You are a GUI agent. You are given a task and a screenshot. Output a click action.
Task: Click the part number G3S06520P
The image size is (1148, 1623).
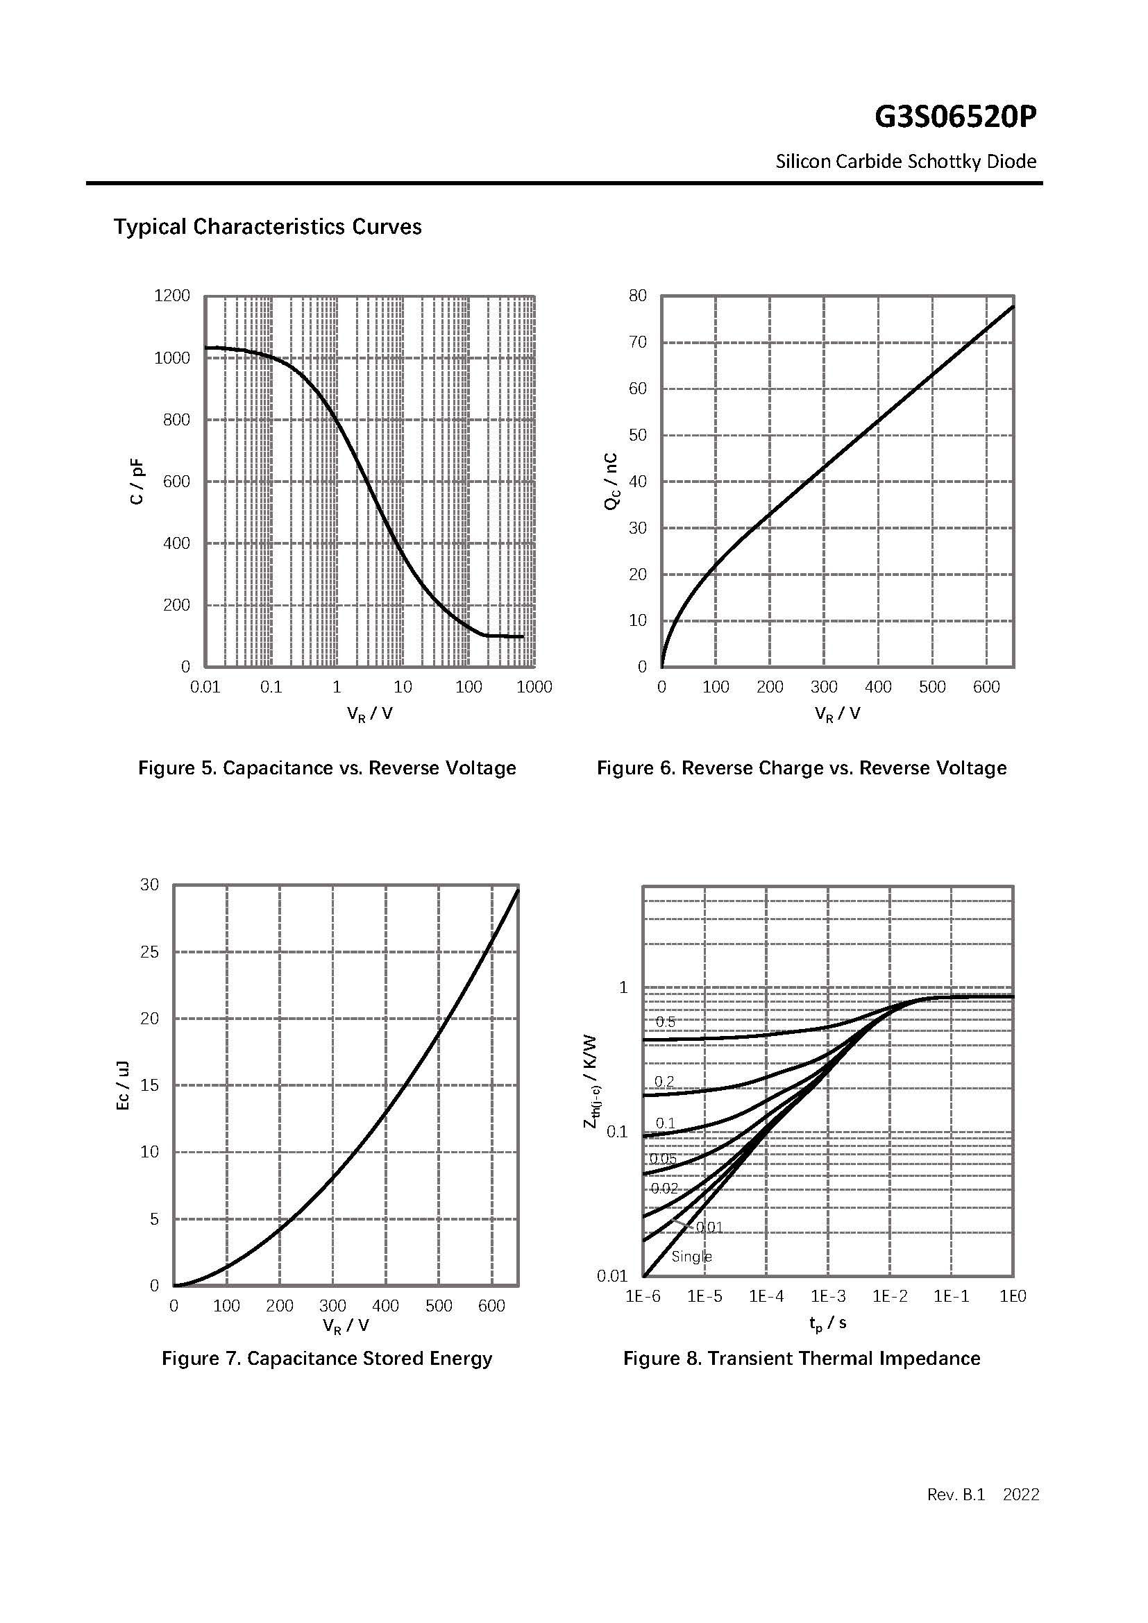pyautogui.click(x=955, y=117)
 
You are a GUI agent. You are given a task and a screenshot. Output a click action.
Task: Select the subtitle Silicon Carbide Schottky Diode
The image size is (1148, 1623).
pyautogui.click(x=906, y=162)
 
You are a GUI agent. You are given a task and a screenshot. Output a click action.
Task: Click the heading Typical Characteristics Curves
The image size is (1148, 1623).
pyautogui.click(x=267, y=227)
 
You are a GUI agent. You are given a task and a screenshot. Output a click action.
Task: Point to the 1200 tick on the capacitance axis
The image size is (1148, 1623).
pyautogui.click(x=171, y=296)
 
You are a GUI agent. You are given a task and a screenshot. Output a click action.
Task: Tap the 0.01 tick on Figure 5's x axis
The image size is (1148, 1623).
pyautogui.click(x=205, y=687)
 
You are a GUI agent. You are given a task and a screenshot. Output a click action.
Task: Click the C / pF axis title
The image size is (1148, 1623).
pyautogui.click(x=137, y=482)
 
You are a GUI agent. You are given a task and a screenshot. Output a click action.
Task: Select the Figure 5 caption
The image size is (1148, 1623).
pyautogui.click(x=327, y=768)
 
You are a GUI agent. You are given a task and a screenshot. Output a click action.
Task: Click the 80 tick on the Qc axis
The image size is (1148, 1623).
pyautogui.click(x=638, y=296)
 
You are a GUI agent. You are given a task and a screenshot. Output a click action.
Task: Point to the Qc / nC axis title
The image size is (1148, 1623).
pyautogui.click(x=611, y=482)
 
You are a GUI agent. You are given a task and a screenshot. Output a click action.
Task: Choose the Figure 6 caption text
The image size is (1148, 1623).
pyautogui.click(x=802, y=768)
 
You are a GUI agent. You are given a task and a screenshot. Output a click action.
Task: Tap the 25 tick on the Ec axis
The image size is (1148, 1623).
pyautogui.click(x=150, y=952)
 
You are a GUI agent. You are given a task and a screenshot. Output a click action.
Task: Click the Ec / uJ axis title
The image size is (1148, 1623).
pyautogui.click(x=122, y=1085)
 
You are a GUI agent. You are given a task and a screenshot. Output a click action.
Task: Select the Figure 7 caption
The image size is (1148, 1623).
pyautogui.click(x=327, y=1359)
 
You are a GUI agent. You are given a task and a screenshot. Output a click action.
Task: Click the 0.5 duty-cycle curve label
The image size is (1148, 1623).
pyautogui.click(x=665, y=1022)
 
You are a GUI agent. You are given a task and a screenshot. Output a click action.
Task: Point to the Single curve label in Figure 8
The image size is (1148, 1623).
pyautogui.click(x=691, y=1257)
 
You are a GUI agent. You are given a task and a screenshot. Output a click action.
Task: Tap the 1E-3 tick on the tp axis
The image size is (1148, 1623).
pyautogui.click(x=828, y=1296)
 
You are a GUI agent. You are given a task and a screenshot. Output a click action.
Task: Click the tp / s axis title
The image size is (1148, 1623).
pyautogui.click(x=828, y=1323)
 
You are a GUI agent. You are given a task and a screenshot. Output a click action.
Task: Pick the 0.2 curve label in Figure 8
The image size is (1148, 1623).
pyautogui.click(x=664, y=1082)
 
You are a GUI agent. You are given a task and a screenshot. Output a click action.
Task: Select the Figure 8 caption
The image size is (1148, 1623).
pyautogui.click(x=802, y=1359)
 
